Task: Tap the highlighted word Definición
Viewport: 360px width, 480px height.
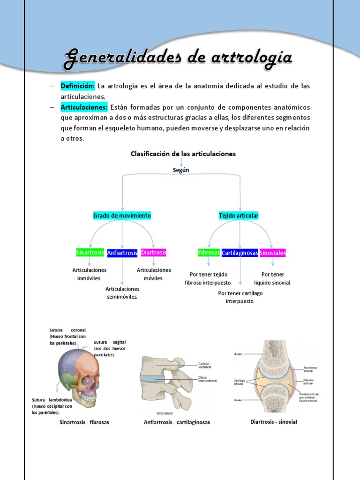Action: pos(77,86)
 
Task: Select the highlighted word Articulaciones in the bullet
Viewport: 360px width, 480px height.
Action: pos(84,107)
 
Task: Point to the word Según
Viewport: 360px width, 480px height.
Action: pos(181,170)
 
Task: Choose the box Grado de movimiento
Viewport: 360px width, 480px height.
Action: pos(122,216)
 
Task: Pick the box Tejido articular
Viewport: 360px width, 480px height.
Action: pos(239,216)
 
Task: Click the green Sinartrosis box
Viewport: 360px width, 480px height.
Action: pos(90,253)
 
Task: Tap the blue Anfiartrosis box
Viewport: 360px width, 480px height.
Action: pos(122,253)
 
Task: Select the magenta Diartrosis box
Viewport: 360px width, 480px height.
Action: pos(154,253)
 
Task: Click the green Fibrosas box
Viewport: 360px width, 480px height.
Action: pos(209,253)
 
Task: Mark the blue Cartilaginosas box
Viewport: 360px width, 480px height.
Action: pos(240,253)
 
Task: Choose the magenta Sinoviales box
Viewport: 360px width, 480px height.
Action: pos(272,253)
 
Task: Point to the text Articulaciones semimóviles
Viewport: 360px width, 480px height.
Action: pos(122,293)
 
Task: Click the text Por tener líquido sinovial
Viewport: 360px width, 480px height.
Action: pos(272,278)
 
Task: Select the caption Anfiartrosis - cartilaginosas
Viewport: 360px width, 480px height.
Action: pos(177,422)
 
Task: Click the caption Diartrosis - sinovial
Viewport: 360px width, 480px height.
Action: pos(274,422)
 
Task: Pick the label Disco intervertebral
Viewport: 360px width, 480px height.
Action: pos(208,379)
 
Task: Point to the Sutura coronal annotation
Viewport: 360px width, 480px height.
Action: pos(67,337)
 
